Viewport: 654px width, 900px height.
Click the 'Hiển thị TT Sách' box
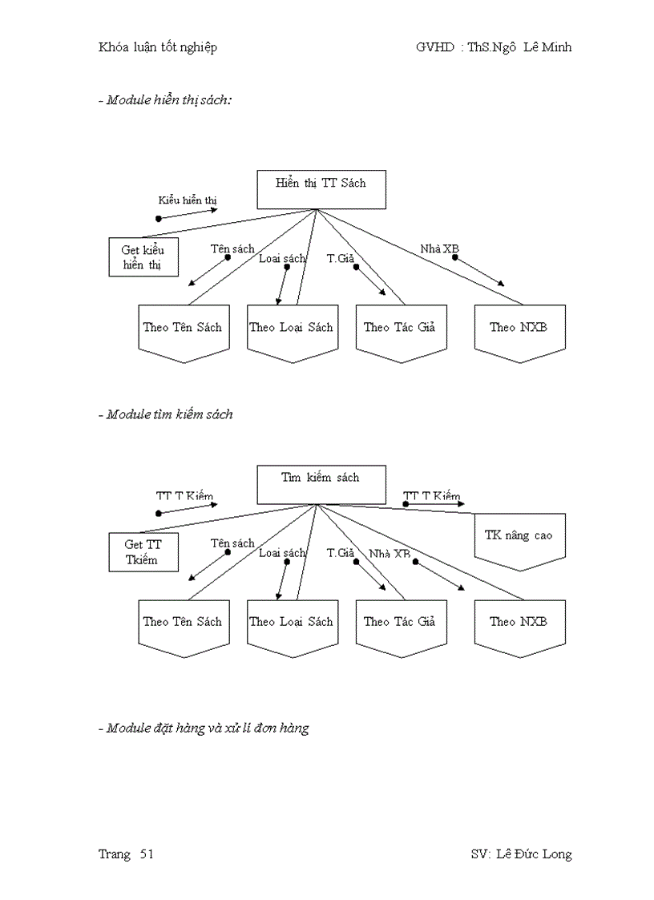pyautogui.click(x=320, y=189)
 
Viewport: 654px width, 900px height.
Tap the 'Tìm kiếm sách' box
pyautogui.click(x=320, y=484)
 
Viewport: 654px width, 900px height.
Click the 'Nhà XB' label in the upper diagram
pyautogui.click(x=439, y=249)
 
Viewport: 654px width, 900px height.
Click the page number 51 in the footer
pyautogui.click(x=147, y=854)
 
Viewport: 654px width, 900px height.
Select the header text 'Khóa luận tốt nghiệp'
pyautogui.click(x=157, y=47)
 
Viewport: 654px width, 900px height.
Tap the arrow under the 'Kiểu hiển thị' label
pyautogui.click(x=188, y=214)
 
